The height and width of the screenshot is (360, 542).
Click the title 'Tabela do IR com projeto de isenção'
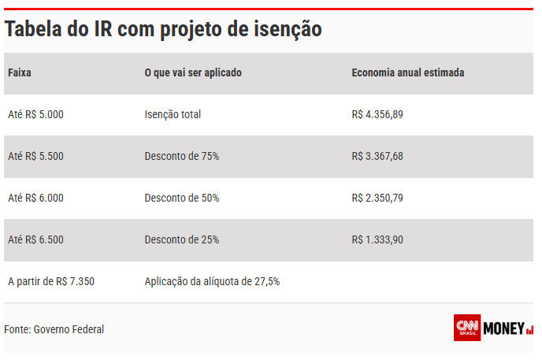[x=163, y=29]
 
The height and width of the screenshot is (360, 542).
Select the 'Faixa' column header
[x=20, y=73]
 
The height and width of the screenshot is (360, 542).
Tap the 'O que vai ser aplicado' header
[x=193, y=73]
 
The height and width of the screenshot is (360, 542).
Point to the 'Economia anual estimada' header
[x=407, y=73]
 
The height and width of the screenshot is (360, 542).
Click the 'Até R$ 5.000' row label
[x=35, y=115]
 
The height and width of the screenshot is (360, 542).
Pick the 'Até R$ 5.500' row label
[x=35, y=157]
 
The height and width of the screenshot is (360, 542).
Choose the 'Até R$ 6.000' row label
[x=35, y=199]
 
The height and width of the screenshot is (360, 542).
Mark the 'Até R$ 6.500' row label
[x=35, y=239]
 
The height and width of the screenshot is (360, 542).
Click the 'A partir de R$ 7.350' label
[x=51, y=281]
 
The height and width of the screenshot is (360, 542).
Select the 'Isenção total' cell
[x=173, y=115]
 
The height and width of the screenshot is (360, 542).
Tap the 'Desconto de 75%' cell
[x=182, y=157]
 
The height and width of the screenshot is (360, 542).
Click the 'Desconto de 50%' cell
[x=182, y=199]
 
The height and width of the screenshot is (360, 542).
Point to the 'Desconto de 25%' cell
[x=182, y=239]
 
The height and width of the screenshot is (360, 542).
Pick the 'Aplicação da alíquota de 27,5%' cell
[x=212, y=281]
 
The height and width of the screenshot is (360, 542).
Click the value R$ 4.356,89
[x=377, y=115]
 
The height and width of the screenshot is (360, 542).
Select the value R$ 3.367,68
[x=377, y=157]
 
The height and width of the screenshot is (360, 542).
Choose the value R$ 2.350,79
[x=377, y=199]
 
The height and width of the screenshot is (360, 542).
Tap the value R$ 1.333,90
[x=377, y=239]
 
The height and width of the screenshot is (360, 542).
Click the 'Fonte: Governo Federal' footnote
[x=54, y=329]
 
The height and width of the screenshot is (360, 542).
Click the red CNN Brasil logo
[x=467, y=328]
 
